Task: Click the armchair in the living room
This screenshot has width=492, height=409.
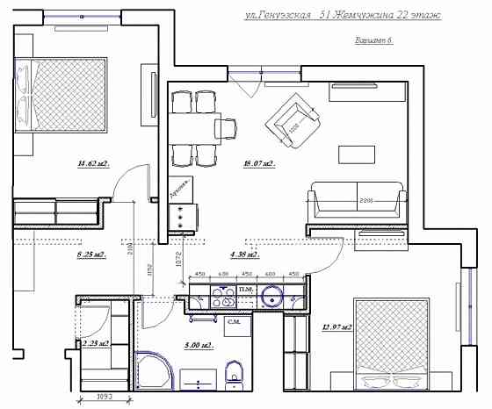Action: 295,120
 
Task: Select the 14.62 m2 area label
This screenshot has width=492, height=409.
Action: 92,163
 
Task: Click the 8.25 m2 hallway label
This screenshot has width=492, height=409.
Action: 91,255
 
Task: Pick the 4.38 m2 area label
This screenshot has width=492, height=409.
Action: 243,255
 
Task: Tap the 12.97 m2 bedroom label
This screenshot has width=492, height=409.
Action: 337,328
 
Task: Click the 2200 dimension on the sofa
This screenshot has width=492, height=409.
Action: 357,201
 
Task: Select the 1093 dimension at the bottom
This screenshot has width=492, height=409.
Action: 105,398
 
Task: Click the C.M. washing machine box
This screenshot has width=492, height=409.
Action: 235,324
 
